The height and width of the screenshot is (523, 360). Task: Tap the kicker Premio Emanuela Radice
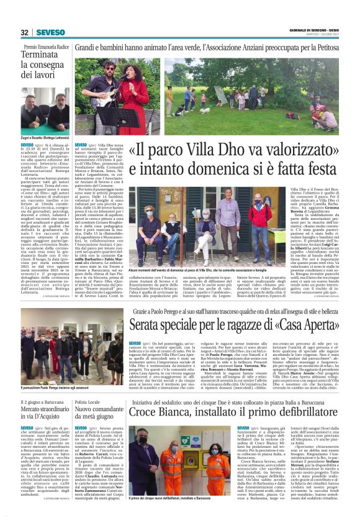click(x=47, y=47)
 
